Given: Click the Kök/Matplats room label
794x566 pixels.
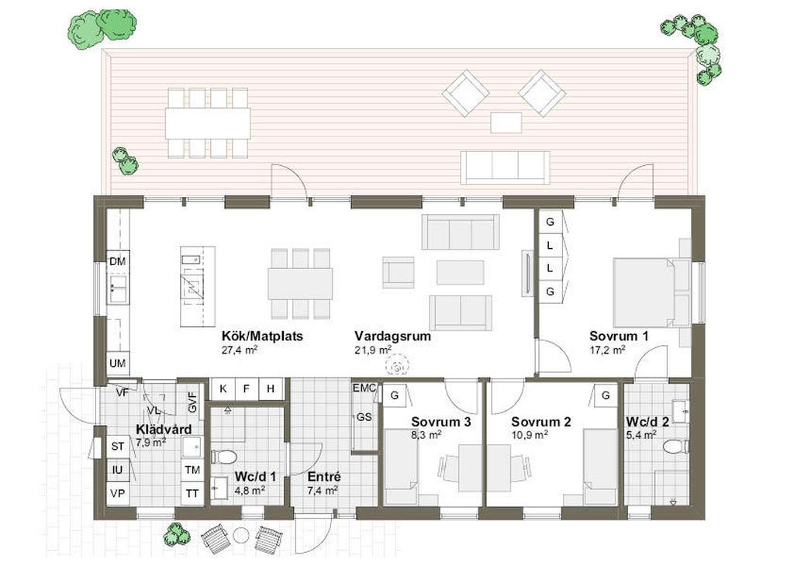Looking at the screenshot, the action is [262, 336].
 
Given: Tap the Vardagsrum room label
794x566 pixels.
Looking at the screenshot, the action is [392, 336].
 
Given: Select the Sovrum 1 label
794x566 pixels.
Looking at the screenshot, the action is [619, 336].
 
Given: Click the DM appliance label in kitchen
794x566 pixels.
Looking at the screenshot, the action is [118, 262].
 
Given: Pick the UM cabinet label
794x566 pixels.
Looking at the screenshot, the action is [118, 363].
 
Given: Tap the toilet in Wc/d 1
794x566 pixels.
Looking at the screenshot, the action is [223, 457].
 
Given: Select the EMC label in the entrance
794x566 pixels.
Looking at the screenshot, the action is [364, 388].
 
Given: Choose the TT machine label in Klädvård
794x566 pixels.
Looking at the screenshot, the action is [192, 493].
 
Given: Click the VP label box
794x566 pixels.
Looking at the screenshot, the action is [118, 493].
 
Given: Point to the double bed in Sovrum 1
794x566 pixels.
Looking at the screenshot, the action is [644, 292].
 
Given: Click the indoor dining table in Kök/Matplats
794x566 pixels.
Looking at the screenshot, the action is [300, 284].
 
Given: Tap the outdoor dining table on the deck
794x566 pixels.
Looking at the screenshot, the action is [208, 123].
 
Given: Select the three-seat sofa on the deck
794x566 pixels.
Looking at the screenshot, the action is [505, 167].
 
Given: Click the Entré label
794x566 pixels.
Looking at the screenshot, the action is [324, 477].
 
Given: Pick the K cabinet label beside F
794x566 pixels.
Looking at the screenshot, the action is [223, 388].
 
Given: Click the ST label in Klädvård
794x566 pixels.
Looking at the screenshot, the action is [118, 447].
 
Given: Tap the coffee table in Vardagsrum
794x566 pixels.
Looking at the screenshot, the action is [461, 272].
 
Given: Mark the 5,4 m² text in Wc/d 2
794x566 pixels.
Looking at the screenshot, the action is [641, 434].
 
